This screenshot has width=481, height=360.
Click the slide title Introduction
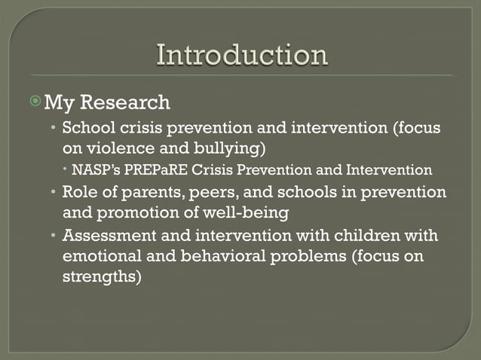(x=241, y=56)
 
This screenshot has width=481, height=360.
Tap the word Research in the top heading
(x=136, y=101)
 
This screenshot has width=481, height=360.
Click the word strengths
(x=100, y=279)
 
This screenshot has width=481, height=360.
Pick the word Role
(x=79, y=192)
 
